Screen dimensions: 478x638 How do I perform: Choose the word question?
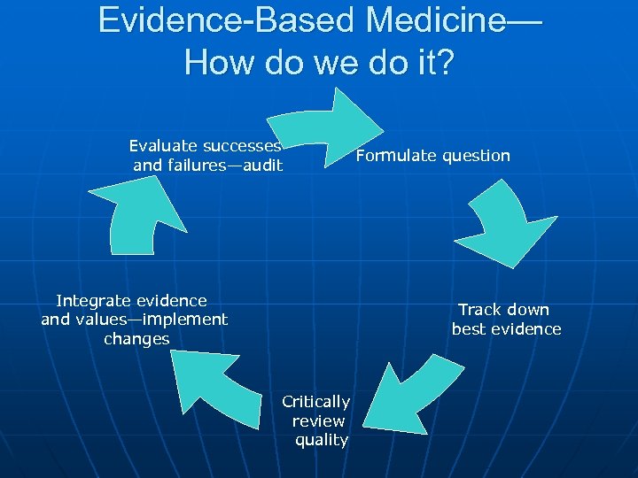point(476,156)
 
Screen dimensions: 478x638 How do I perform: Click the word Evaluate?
point(163,146)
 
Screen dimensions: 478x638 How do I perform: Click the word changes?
point(136,339)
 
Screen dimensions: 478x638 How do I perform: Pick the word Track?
point(479,310)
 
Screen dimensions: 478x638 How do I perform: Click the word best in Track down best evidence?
point(470,329)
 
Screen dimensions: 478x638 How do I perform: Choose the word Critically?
point(316,402)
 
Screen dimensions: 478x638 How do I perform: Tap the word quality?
point(322,440)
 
